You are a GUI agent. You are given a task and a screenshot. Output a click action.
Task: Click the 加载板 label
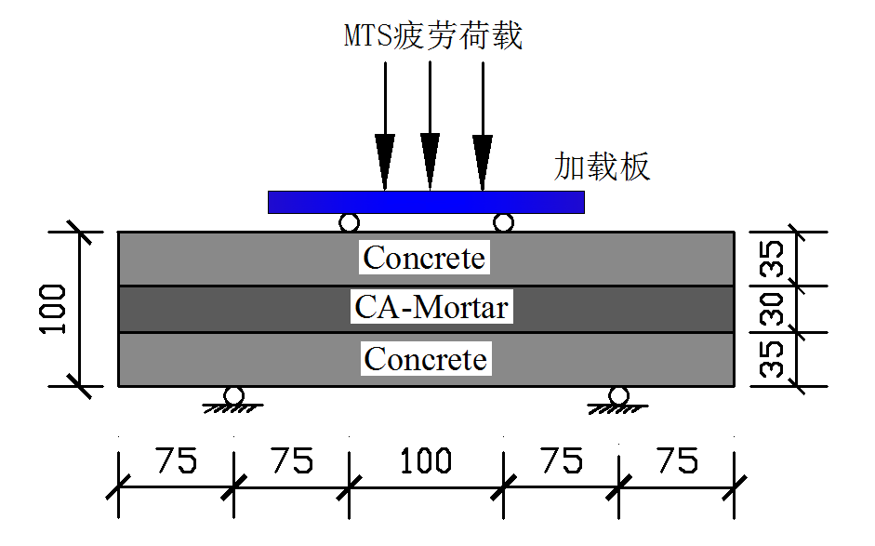tap(602, 166)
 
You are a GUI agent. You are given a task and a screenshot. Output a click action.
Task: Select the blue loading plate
tap(426, 202)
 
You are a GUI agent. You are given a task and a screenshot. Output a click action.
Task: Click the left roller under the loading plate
tap(349, 223)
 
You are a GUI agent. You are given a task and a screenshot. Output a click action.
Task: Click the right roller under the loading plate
tap(503, 223)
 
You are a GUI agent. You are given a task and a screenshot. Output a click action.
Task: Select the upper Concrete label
tap(424, 258)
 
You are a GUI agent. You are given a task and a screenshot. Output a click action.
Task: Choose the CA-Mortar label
tap(431, 306)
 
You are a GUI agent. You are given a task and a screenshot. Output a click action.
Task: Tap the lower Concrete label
tap(425, 358)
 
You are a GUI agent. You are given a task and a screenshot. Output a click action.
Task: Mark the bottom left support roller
tap(233, 396)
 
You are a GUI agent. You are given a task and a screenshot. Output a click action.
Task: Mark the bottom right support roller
tap(618, 396)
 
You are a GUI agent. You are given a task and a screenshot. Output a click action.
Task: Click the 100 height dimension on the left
tap(53, 308)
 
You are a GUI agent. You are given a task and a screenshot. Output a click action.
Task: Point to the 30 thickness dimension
tap(774, 309)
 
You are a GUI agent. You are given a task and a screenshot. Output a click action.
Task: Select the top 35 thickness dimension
tap(774, 259)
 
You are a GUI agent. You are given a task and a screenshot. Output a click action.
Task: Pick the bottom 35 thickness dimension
tap(774, 358)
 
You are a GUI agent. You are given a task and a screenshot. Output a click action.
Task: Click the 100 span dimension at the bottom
tap(426, 460)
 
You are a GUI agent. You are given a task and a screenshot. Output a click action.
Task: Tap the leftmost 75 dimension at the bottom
tap(176, 460)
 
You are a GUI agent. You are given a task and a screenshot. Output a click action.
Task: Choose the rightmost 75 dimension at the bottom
tap(675, 460)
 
